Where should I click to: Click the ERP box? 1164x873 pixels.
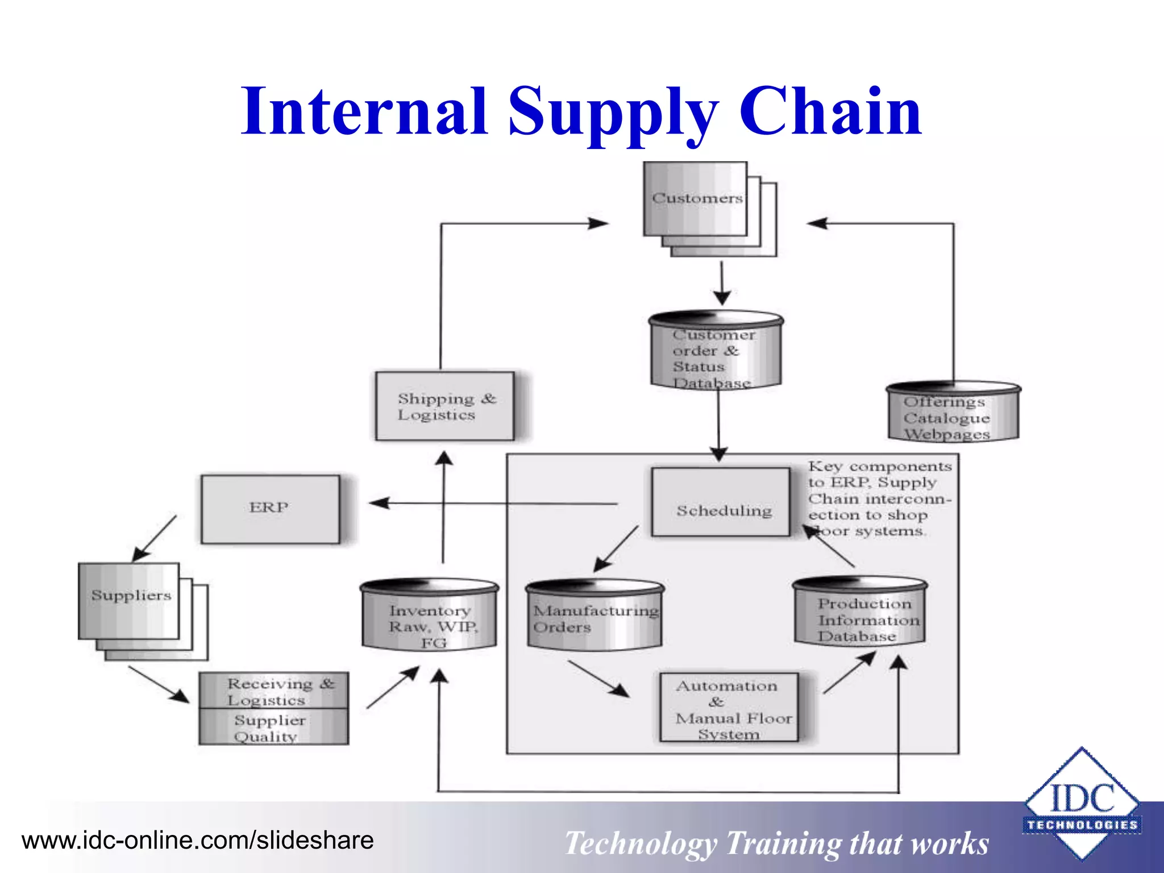click(271, 509)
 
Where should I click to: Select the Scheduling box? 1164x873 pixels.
click(721, 502)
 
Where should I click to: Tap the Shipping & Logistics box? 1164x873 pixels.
click(445, 406)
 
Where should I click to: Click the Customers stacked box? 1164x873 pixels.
click(696, 199)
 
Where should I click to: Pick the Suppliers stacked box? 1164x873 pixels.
click(130, 601)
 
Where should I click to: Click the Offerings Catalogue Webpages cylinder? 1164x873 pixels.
click(953, 413)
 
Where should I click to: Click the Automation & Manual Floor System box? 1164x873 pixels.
click(729, 708)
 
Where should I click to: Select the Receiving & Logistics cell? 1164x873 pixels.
click(274, 691)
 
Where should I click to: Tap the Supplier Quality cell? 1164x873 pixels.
click(274, 727)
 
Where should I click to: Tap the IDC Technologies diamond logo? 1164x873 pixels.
click(1082, 804)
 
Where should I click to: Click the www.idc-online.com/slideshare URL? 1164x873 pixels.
click(198, 841)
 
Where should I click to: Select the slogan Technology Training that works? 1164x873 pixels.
click(776, 843)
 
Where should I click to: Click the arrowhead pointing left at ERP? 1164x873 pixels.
click(380, 503)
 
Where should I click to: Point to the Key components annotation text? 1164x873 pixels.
click(879, 498)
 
